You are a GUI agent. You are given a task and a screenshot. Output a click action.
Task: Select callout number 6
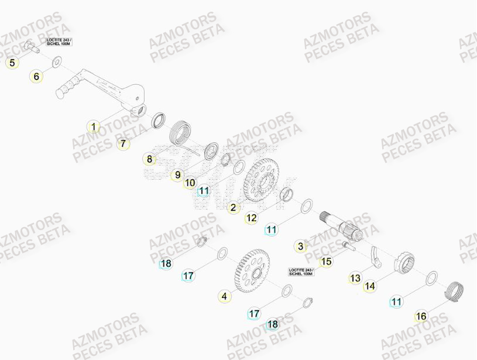(36, 76)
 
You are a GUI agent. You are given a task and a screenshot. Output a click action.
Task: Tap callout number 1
(92, 126)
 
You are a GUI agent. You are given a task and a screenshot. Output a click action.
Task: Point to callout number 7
(123, 143)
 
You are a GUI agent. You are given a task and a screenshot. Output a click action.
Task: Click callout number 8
(149, 159)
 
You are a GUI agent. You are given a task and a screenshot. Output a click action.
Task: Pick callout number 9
(177, 174)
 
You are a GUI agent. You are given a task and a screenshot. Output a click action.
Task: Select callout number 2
(233, 207)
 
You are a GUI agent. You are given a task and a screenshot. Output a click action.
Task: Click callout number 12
(251, 218)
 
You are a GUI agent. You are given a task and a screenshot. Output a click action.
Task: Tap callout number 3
(301, 246)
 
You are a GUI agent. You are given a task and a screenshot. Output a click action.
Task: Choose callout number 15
(327, 262)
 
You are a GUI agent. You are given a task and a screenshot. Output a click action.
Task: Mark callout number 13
(355, 278)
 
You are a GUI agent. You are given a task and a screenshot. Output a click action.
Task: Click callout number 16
(421, 317)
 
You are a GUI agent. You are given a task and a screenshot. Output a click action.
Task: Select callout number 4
(224, 297)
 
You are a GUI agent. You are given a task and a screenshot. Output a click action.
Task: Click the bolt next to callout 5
(32, 46)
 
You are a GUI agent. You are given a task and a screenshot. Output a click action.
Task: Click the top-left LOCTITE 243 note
(59, 42)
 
